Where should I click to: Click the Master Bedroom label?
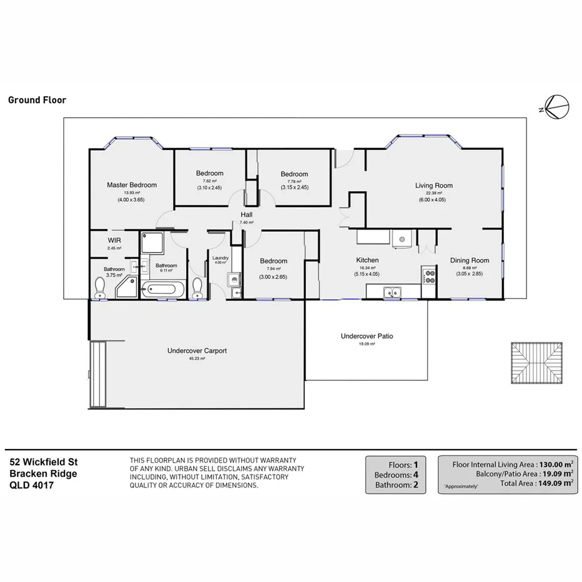tap(131, 185)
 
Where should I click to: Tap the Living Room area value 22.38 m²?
tap(434, 193)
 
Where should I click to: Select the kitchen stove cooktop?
tap(429, 275)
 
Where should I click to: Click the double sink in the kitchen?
tap(392, 291)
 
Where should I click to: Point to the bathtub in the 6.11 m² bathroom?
tap(163, 289)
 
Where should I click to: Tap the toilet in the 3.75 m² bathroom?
tap(99, 287)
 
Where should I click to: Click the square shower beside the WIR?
tap(152, 244)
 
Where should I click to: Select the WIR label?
tap(114, 240)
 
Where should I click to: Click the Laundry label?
tap(220, 258)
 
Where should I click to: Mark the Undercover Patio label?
tap(367, 336)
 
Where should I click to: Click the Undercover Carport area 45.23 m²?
tap(197, 358)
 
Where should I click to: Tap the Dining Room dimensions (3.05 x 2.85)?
tap(470, 274)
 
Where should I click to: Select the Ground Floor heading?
tap(37, 100)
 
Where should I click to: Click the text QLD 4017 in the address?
tap(31, 484)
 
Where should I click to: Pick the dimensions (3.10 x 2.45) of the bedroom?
tap(209, 187)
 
